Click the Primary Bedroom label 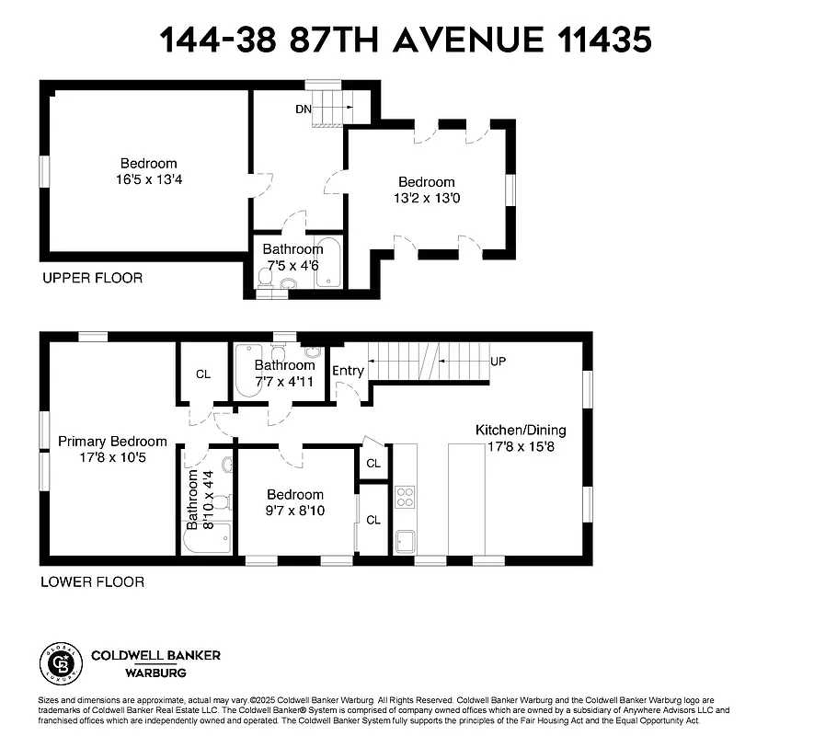(112, 442)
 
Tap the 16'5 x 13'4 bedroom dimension (149, 180)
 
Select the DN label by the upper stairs (304, 109)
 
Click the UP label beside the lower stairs (499, 361)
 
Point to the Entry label (348, 371)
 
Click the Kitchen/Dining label (521, 430)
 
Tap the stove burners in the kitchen (405, 498)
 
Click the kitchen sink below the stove (405, 539)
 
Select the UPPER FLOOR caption (92, 277)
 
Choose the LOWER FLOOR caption (92, 581)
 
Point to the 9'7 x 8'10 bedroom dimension (295, 511)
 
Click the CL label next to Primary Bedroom (203, 375)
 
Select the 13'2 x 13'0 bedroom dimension (426, 198)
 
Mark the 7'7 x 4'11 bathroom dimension (285, 381)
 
